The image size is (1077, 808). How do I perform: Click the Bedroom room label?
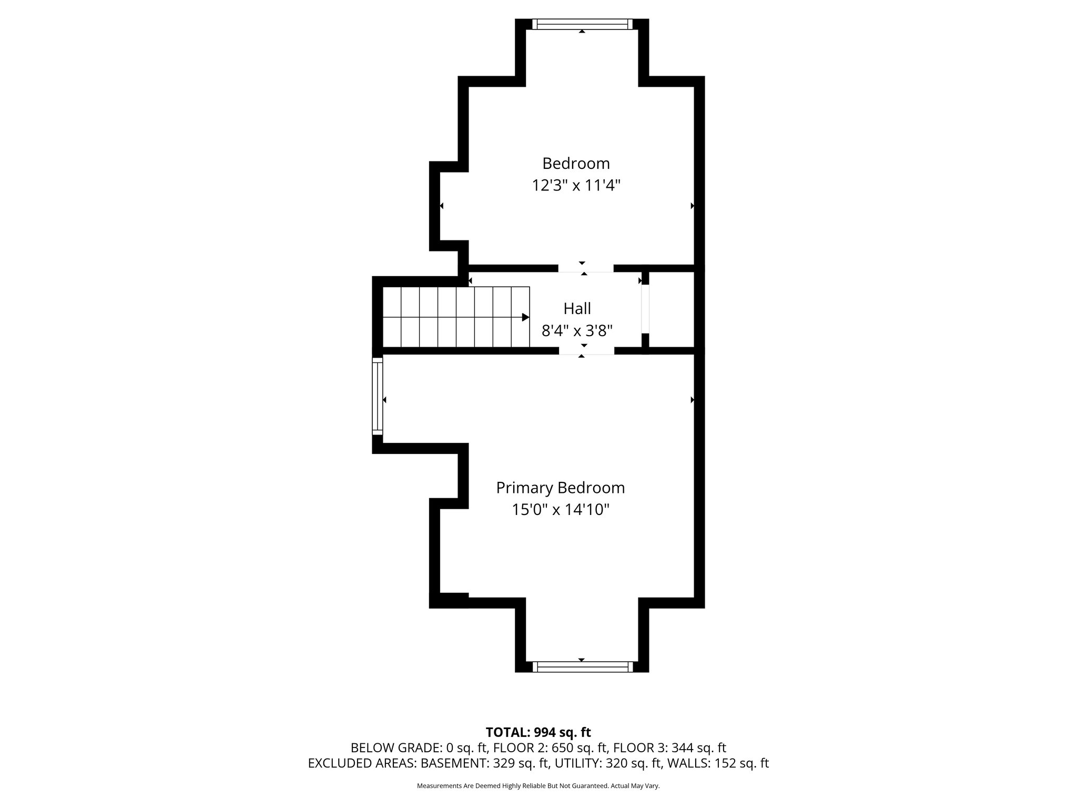576,164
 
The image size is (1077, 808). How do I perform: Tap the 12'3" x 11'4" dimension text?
576,186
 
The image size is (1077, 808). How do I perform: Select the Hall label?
577,308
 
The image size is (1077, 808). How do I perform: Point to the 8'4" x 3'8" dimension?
577,331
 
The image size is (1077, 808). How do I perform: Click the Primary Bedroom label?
560,488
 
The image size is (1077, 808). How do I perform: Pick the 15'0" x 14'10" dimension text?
560,510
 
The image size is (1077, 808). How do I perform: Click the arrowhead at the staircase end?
525,317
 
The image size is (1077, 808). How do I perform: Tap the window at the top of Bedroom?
582,24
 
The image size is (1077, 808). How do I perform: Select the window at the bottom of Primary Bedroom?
582,666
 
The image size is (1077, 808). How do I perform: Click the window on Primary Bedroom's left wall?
377,396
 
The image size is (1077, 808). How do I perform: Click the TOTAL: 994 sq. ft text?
538,732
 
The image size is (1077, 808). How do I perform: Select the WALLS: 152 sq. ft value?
718,763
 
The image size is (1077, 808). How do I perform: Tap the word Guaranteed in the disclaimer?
594,786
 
